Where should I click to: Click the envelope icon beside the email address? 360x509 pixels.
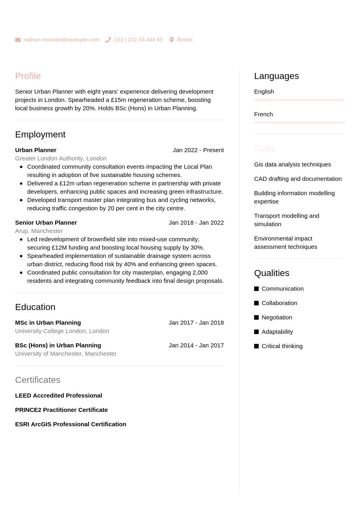pyautogui.click(x=18, y=40)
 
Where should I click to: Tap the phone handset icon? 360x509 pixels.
pyautogui.click(x=108, y=40)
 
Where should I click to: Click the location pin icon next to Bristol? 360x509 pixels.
pyautogui.click(x=171, y=40)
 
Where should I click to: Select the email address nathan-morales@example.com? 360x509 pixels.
pyautogui.click(x=61, y=40)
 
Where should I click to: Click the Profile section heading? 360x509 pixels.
pyautogui.click(x=28, y=76)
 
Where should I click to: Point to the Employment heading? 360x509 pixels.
pyautogui.click(x=40, y=135)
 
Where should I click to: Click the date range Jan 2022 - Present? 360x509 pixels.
pyautogui.click(x=198, y=150)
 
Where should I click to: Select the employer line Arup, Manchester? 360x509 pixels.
pyautogui.click(x=39, y=231)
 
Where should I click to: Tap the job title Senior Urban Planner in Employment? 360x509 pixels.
pyautogui.click(x=46, y=222)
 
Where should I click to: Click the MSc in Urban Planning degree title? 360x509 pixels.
pyautogui.click(x=48, y=323)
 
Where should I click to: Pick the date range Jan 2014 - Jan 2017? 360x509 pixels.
pyautogui.click(x=196, y=345)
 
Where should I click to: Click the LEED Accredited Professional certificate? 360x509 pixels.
pyautogui.click(x=58, y=396)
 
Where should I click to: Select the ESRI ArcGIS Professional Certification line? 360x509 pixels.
pyautogui.click(x=71, y=424)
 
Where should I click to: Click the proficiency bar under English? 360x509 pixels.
pyautogui.click(x=299, y=100)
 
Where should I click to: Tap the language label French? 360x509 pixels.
pyautogui.click(x=263, y=114)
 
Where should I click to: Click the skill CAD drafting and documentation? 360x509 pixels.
pyautogui.click(x=298, y=179)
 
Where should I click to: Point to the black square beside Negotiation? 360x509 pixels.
pyautogui.click(x=256, y=318)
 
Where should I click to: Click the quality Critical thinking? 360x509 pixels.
pyautogui.click(x=282, y=346)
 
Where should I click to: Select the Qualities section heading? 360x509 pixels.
pyautogui.click(x=271, y=273)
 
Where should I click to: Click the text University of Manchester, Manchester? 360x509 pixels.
pyautogui.click(x=66, y=354)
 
